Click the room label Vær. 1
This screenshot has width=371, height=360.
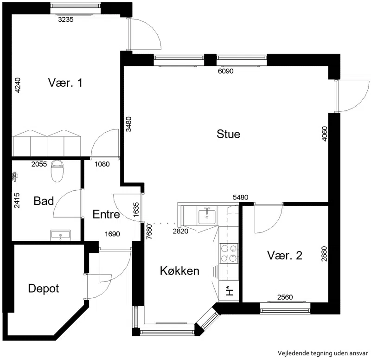tap(65, 83)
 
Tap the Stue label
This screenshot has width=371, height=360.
tap(228, 134)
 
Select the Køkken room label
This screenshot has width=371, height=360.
tap(179, 271)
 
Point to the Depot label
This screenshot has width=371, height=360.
tap(44, 289)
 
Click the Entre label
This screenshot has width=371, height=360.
tap(106, 214)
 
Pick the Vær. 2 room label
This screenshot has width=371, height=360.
tap(285, 256)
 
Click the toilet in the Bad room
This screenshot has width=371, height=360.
tap(57, 171)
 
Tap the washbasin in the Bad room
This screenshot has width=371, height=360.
tap(61, 235)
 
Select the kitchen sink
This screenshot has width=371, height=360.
tap(207, 217)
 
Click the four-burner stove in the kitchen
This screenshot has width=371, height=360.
tap(229, 253)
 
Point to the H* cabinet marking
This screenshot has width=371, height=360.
tap(229, 291)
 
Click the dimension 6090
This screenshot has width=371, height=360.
tap(226, 71)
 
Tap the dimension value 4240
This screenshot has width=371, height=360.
tap(18, 85)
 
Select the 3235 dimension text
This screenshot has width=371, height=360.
tap(66, 19)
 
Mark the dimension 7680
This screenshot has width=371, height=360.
tap(149, 231)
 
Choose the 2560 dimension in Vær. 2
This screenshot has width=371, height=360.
tap(285, 297)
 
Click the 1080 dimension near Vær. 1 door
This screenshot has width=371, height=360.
tap(102, 164)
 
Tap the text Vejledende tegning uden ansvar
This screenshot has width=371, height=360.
tap(323, 353)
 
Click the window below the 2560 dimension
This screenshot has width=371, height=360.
tap(285, 308)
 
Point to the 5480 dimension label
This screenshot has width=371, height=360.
tap(240, 197)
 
